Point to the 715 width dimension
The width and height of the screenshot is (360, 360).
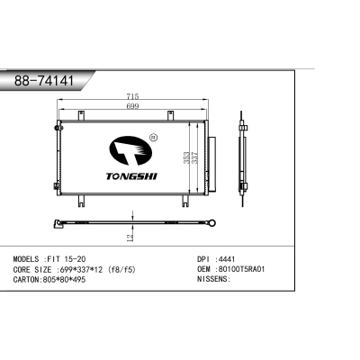click(132, 96)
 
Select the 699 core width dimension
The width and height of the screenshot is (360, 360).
click(132, 107)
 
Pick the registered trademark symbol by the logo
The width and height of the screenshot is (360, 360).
click(153, 138)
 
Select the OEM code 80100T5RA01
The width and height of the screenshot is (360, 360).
click(243, 268)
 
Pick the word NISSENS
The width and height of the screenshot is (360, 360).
click(212, 279)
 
